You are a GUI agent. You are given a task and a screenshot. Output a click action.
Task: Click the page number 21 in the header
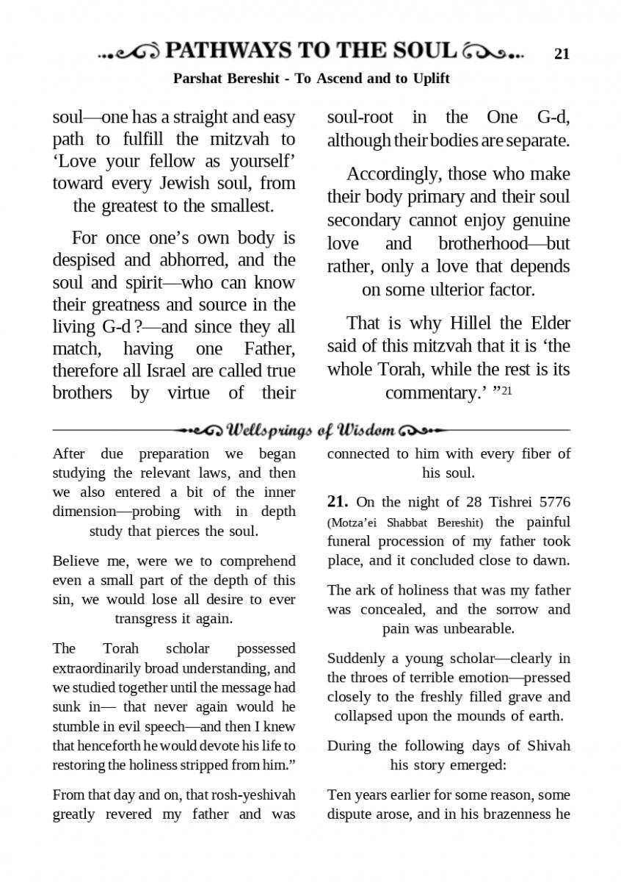coord(562,53)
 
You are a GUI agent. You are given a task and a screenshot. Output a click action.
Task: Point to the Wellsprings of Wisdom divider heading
coord(311,429)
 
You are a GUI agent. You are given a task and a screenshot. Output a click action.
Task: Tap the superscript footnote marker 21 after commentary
coord(506,390)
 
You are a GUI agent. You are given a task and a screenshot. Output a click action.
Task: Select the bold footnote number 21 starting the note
coord(337,501)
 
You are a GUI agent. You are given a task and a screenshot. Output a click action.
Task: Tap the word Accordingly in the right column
coord(385,174)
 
